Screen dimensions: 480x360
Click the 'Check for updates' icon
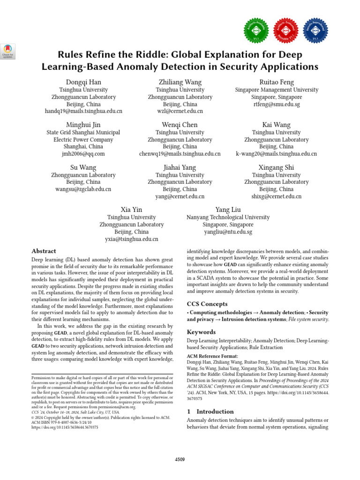click(x=8, y=51)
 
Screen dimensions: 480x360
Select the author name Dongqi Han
click(x=83, y=82)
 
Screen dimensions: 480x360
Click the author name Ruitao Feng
click(x=277, y=82)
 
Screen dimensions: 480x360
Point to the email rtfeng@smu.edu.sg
click(x=277, y=104)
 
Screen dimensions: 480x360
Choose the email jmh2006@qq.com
click(x=83, y=154)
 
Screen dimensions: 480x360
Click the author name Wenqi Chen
click(x=180, y=125)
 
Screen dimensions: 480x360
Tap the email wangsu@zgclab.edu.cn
click(x=83, y=189)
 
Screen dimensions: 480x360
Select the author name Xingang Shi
click(x=277, y=167)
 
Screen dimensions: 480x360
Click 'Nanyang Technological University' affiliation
click(x=228, y=217)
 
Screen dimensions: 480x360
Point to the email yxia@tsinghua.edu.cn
click(x=132, y=239)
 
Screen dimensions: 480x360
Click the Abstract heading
click(x=44, y=251)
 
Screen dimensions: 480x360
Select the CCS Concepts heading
click(x=207, y=304)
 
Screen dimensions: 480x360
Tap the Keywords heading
click(x=202, y=332)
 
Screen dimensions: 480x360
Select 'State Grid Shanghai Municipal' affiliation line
click(x=83, y=133)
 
